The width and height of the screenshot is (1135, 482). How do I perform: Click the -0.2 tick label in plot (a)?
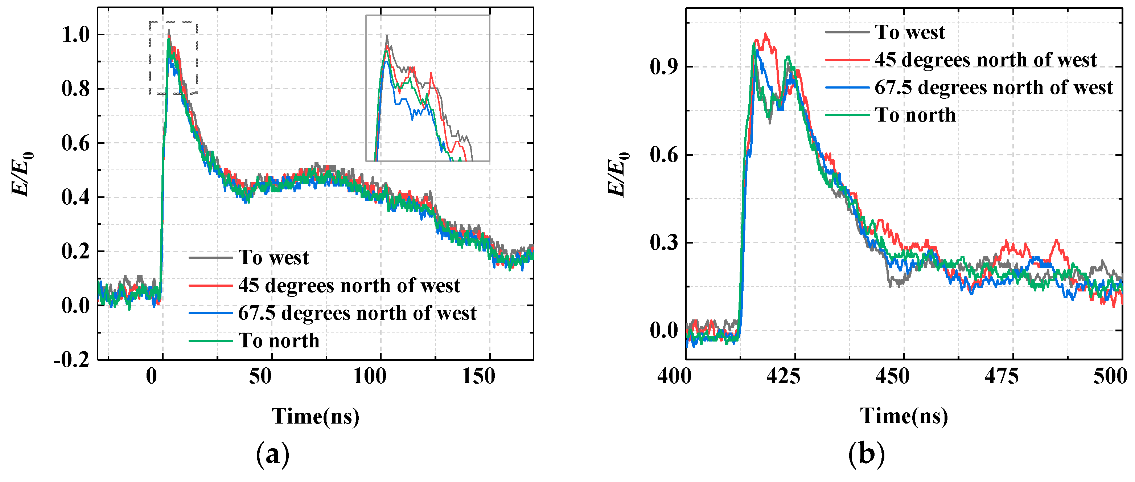coord(72,360)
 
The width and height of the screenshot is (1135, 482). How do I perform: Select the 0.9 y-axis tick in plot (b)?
coord(663,67)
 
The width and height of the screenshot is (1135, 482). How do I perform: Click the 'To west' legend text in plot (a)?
coord(274,258)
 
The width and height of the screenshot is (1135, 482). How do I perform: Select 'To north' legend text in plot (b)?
coord(915,115)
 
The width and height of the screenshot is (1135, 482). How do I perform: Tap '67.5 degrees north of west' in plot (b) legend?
coord(994,87)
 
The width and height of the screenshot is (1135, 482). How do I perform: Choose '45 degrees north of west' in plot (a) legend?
coord(349,285)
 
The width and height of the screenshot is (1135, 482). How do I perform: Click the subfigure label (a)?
coord(273,454)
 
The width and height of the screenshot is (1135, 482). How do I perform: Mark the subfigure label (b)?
coord(866,454)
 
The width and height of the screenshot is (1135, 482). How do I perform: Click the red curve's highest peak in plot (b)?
coord(765,34)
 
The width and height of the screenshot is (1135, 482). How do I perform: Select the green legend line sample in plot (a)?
coord(211,340)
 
